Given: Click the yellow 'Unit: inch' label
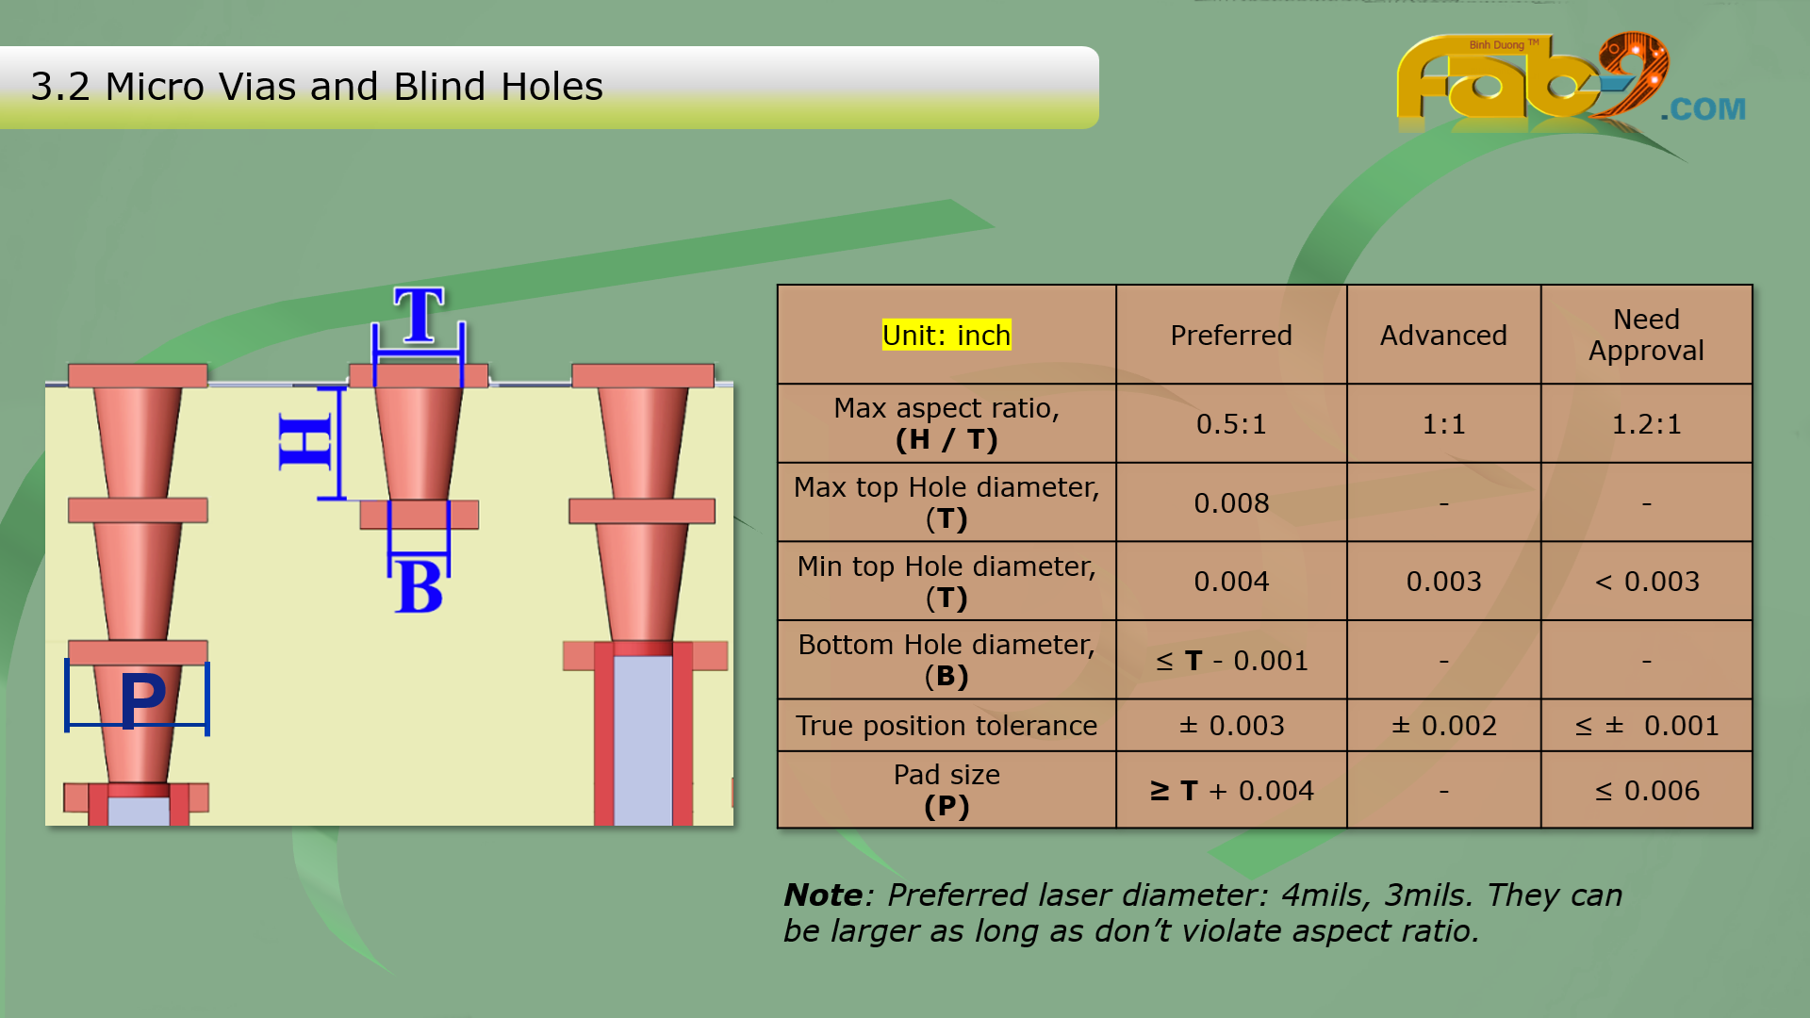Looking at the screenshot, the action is pos(946,335).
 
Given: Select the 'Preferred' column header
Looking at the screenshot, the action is pos(1231,336).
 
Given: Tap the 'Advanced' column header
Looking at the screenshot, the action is pos(1443,336).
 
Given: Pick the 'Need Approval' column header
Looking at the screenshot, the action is pos(1646,335).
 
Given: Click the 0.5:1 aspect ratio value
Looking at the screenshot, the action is pos(1231,424).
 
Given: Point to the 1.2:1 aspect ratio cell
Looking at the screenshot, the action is pos(1646,424).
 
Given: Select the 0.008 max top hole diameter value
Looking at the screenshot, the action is pos(1231,503).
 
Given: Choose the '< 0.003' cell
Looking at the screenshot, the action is pos(1647,582).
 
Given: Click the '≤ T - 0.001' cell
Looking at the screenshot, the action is pos(1231,661).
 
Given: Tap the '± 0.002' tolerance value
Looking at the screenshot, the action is pos(1443,726).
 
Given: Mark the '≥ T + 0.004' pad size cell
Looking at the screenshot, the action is pos(1231,791).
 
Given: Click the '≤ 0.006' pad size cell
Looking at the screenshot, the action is pos(1647,791).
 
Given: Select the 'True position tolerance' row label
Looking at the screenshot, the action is pos(946,726).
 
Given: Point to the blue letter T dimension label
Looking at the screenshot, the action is pos(419,315).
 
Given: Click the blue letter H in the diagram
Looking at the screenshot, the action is pos(305,441).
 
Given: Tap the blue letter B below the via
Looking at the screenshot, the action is pos(420,586).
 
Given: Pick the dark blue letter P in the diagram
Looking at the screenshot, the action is pos(142,698).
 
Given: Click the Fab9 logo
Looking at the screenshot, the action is pos(1570,85).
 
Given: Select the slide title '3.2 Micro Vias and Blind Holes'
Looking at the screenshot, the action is pos(317,86).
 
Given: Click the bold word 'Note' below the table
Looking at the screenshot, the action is pos(823,895).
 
